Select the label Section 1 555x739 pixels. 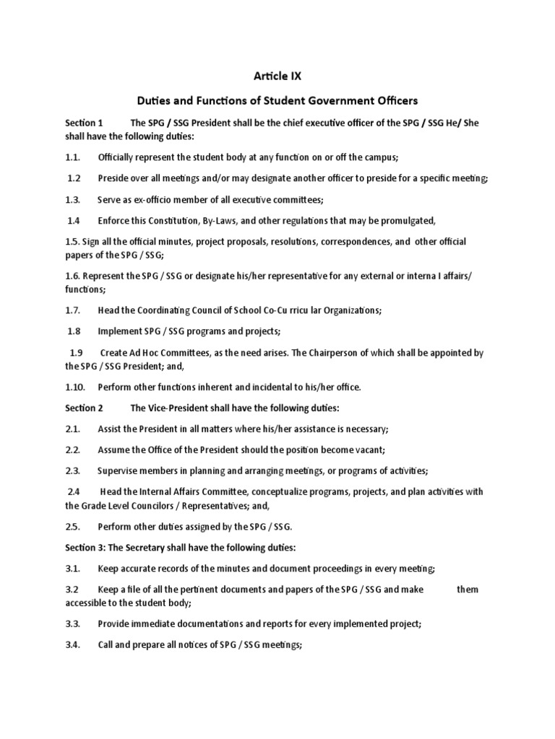pyautogui.click(x=85, y=123)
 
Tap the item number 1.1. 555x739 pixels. pyautogui.click(x=74, y=156)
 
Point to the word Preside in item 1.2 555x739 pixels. pyautogui.click(x=114, y=178)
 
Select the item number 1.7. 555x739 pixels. pyautogui.click(x=74, y=310)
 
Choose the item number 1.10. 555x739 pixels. pyautogui.click(x=77, y=387)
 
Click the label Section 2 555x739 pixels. pyautogui.click(x=85, y=408)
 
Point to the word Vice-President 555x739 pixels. pyautogui.click(x=180, y=408)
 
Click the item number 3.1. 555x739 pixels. pyautogui.click(x=74, y=568)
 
